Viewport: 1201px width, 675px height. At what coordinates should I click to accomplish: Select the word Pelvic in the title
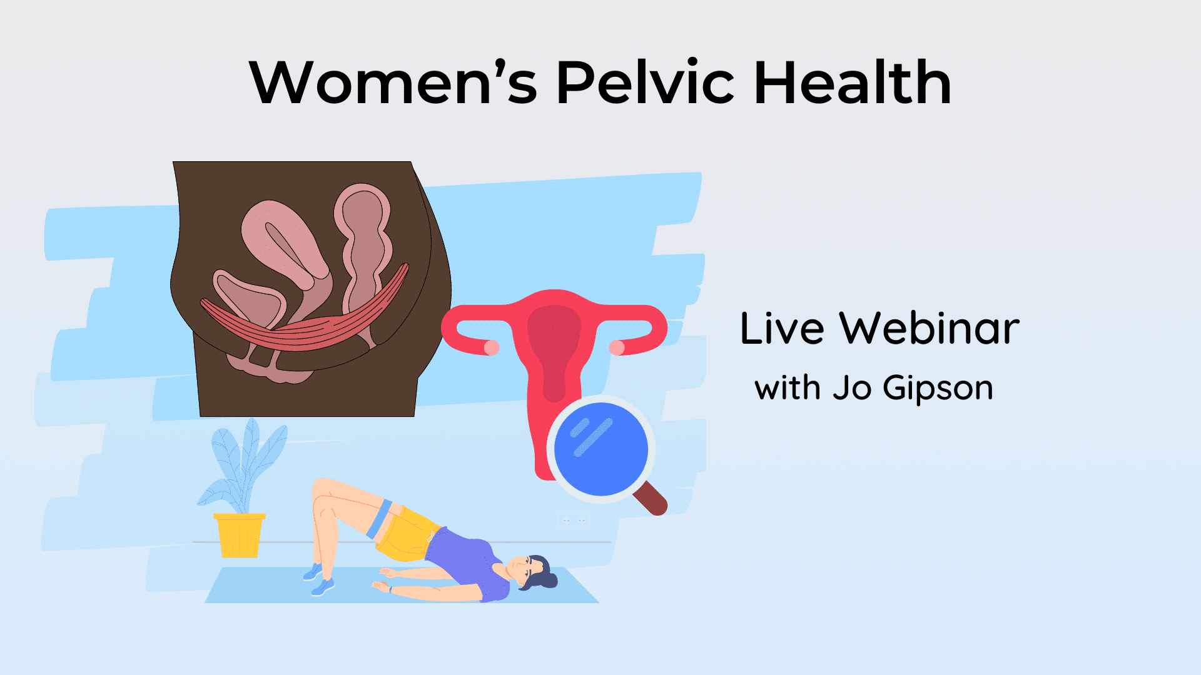point(645,83)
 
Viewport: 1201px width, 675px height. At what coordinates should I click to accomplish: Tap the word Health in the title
point(853,83)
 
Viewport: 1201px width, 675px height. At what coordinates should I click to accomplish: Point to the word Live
point(782,329)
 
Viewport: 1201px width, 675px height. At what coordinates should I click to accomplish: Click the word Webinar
point(930,329)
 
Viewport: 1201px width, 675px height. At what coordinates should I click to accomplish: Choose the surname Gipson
point(938,389)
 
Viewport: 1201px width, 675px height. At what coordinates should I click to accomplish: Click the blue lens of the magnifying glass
point(600,449)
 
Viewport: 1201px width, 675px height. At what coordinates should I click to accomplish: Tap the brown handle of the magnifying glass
point(651,500)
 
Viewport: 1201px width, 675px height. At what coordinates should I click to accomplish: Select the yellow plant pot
point(240,536)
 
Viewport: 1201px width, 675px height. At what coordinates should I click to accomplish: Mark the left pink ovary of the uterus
point(492,347)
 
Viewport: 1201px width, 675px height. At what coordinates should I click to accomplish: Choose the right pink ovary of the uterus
point(617,347)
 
